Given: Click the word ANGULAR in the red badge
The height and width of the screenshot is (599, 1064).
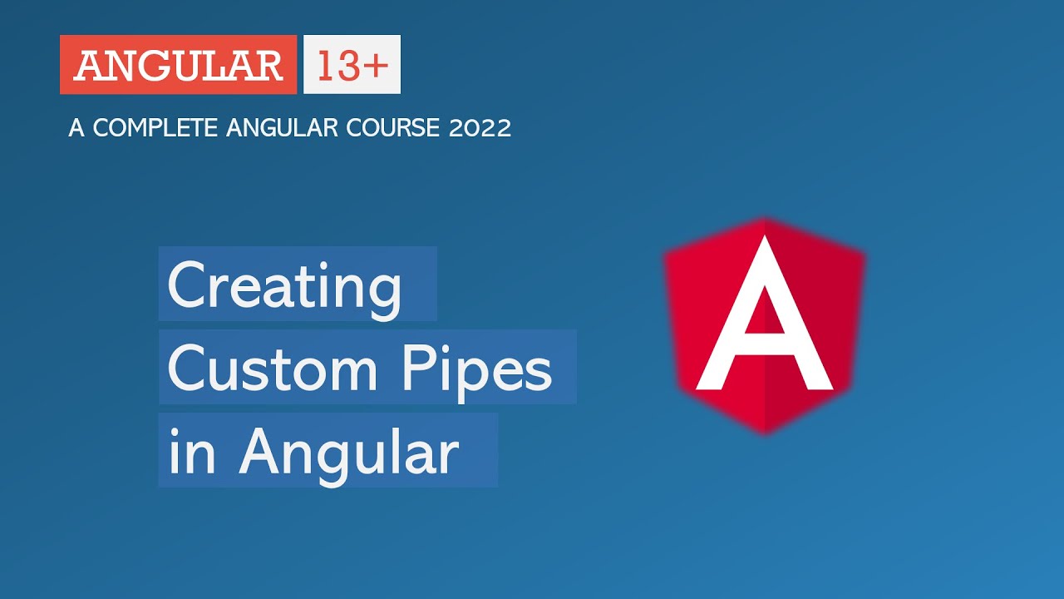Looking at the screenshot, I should click(x=178, y=65).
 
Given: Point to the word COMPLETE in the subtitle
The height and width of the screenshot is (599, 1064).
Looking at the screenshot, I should click(x=155, y=128).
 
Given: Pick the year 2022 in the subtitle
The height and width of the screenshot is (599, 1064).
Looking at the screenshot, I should click(x=480, y=128).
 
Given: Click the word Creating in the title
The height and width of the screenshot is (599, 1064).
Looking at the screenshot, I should click(x=285, y=285).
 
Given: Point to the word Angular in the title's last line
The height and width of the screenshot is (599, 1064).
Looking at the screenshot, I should click(x=350, y=453).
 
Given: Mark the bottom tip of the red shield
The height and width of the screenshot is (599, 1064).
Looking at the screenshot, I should click(x=765, y=433).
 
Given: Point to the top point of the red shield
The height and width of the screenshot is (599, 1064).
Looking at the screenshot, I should click(x=765, y=220).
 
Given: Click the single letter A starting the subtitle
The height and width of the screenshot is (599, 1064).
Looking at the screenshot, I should click(x=77, y=128).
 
